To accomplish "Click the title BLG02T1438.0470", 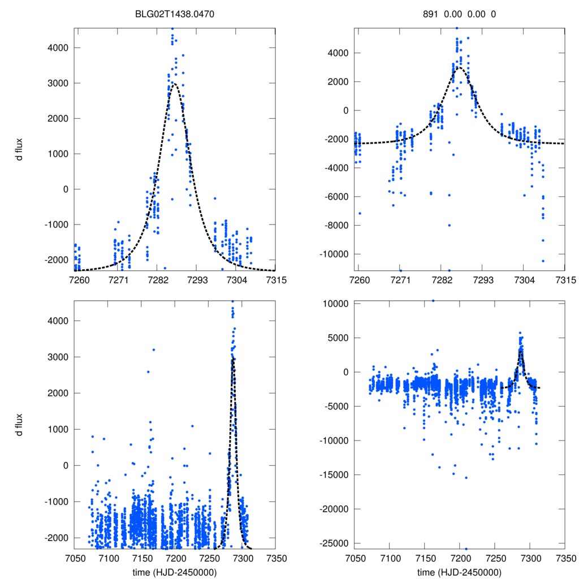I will tap(175, 14).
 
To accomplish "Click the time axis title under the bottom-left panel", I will tap(175, 573).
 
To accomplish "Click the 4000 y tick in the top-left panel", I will tap(57, 47).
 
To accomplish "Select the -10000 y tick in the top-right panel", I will tap(334, 254).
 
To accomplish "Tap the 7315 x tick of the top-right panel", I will tap(565, 280).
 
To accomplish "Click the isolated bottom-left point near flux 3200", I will tap(153, 349).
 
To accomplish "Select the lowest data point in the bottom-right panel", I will tap(466, 548).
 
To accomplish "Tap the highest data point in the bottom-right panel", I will tap(434, 301).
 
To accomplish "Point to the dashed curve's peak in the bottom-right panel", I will tap(521, 352).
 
